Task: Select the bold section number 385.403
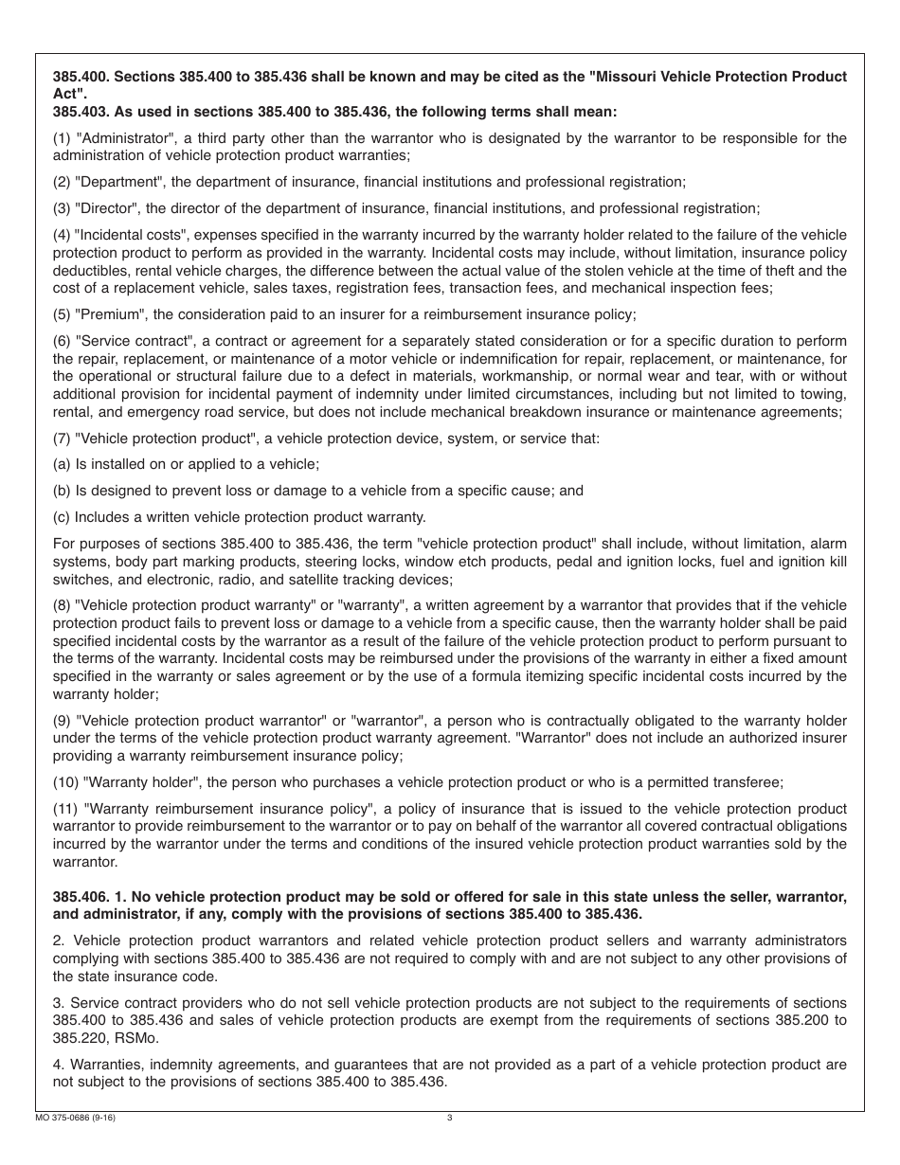point(80,111)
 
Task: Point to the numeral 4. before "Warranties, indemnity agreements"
point(59,1065)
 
